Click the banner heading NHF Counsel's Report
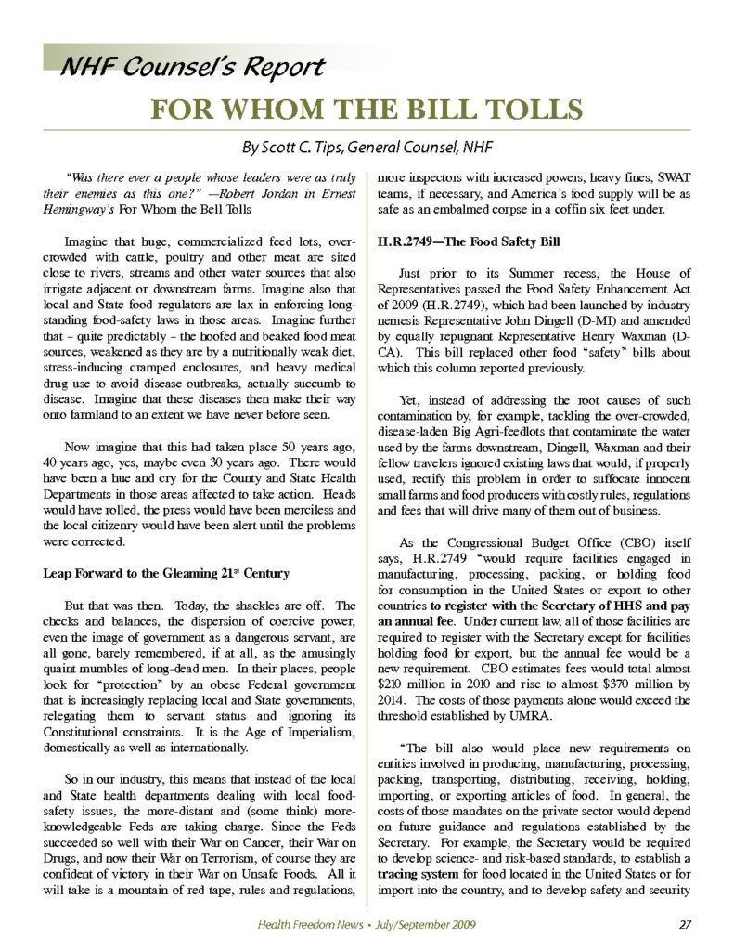(x=191, y=67)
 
